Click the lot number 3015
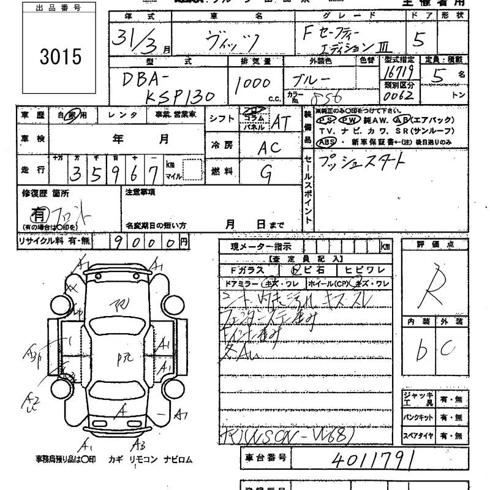click(x=60, y=56)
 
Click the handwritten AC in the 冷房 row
click(x=269, y=148)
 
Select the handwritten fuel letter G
click(x=266, y=173)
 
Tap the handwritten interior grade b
click(x=421, y=350)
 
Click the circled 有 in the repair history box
click(x=39, y=215)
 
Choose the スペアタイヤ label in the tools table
click(x=418, y=436)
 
